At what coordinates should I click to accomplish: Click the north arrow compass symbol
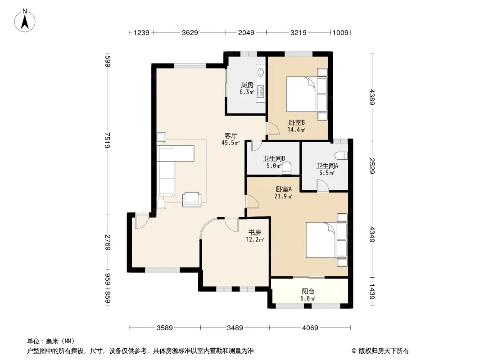click(x=25, y=20)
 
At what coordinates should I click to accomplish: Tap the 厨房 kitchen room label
click(x=247, y=85)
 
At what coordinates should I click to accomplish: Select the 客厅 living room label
click(x=231, y=135)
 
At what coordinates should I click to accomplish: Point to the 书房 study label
click(x=255, y=233)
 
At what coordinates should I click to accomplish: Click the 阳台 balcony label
click(x=308, y=292)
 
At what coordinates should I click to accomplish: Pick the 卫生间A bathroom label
click(x=327, y=166)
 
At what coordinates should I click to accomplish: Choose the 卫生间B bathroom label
click(x=274, y=158)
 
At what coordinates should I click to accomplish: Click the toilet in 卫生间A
click(x=341, y=156)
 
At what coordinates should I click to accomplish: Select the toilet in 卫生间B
click(x=286, y=169)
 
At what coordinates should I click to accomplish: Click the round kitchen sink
click(x=261, y=72)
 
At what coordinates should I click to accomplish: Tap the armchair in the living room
click(x=192, y=199)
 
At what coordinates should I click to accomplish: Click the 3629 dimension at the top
click(x=190, y=32)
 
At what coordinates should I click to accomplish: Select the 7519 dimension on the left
click(x=107, y=140)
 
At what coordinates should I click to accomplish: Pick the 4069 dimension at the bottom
click(x=310, y=328)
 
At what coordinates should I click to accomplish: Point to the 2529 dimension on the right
click(x=372, y=166)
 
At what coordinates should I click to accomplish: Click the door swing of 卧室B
click(x=273, y=128)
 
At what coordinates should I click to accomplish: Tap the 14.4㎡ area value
click(x=296, y=130)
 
